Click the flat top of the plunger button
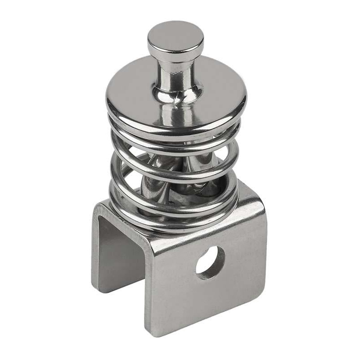(175, 35)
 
